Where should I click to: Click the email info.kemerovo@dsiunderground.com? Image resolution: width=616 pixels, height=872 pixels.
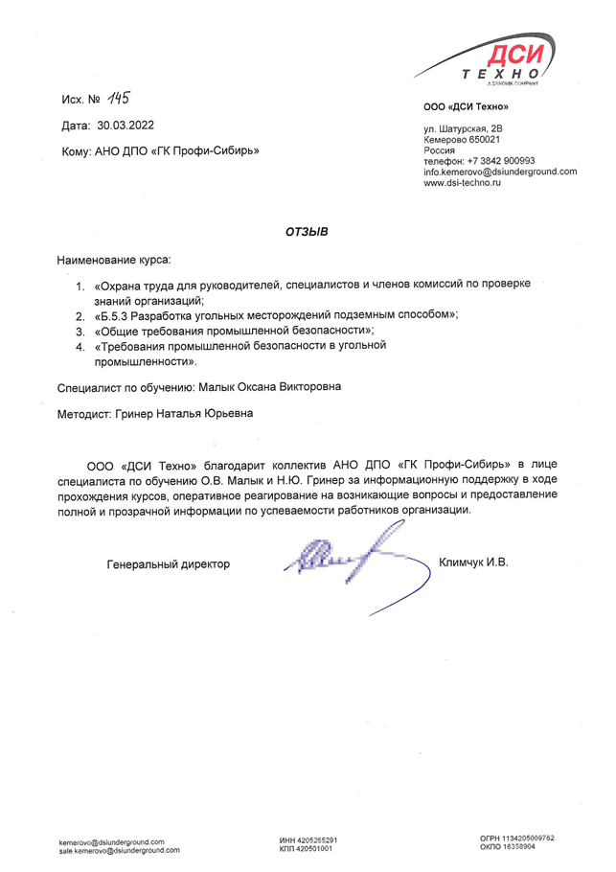click(500, 172)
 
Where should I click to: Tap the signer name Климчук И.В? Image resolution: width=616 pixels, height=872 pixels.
click(472, 562)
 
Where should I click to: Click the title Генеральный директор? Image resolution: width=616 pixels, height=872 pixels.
click(169, 564)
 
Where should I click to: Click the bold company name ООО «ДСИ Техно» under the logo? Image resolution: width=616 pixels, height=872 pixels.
click(466, 106)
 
